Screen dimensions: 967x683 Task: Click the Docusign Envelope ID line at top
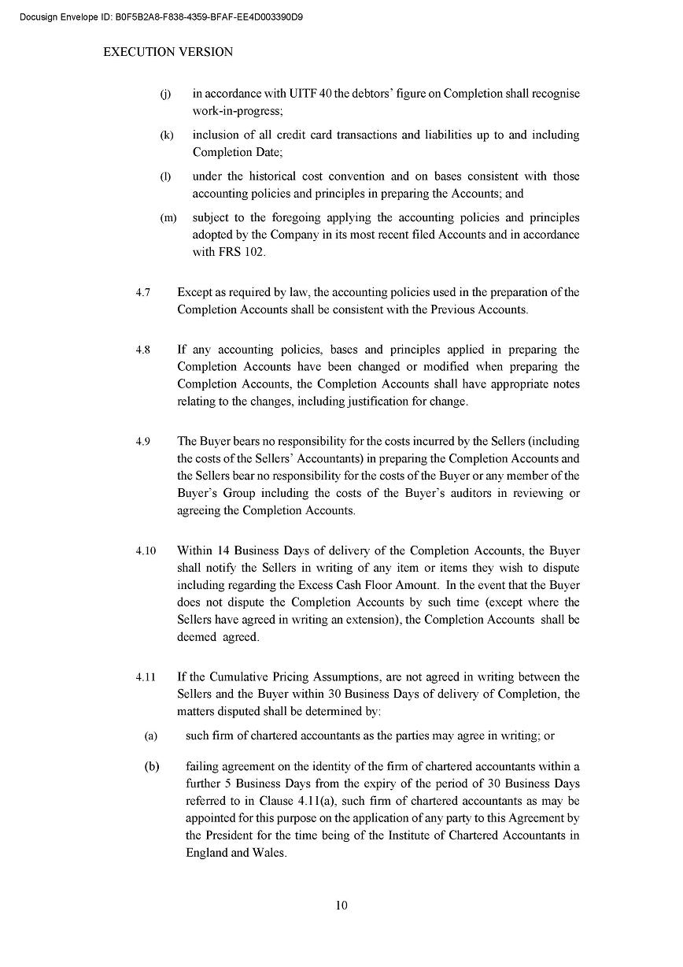(161, 17)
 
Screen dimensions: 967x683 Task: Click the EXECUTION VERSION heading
(168, 52)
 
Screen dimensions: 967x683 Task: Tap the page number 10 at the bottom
(341, 905)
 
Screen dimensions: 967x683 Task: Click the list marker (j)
(165, 94)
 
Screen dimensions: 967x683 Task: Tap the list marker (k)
(166, 135)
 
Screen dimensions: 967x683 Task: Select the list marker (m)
(168, 218)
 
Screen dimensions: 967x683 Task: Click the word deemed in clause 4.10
(197, 637)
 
